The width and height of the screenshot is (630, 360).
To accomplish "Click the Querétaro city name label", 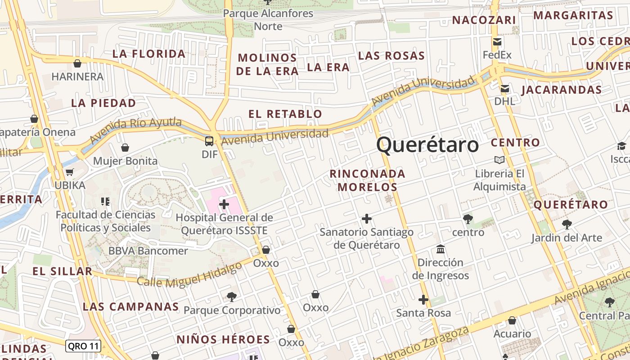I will click(x=427, y=145).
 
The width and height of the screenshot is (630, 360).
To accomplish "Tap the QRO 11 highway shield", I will click(x=83, y=346).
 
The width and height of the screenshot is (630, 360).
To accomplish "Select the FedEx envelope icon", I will click(x=497, y=42).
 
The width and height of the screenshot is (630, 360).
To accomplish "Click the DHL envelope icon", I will click(x=505, y=89).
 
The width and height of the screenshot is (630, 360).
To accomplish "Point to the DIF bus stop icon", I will click(x=209, y=141).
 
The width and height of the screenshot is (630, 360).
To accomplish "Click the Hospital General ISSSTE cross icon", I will click(x=224, y=205).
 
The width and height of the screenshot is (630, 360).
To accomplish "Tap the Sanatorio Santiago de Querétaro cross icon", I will click(x=367, y=219).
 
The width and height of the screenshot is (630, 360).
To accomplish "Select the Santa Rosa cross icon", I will click(x=423, y=300).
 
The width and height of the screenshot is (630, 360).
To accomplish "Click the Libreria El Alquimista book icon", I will click(x=499, y=160).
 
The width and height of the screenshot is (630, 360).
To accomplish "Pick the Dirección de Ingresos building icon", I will click(x=441, y=249).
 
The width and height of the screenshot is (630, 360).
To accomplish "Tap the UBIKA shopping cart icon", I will click(x=69, y=172).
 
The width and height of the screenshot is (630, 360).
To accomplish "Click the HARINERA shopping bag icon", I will click(x=77, y=63).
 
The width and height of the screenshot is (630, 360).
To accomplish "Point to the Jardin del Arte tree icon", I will click(x=567, y=224).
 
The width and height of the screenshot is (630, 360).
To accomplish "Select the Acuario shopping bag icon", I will click(x=512, y=320).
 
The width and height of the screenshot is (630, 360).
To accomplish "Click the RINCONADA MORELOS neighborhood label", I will click(x=367, y=180).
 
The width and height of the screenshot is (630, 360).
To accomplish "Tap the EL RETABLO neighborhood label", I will click(x=285, y=114).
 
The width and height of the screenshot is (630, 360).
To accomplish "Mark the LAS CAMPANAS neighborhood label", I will click(x=131, y=307).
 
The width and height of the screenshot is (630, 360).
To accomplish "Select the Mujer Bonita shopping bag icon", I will click(x=125, y=148).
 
